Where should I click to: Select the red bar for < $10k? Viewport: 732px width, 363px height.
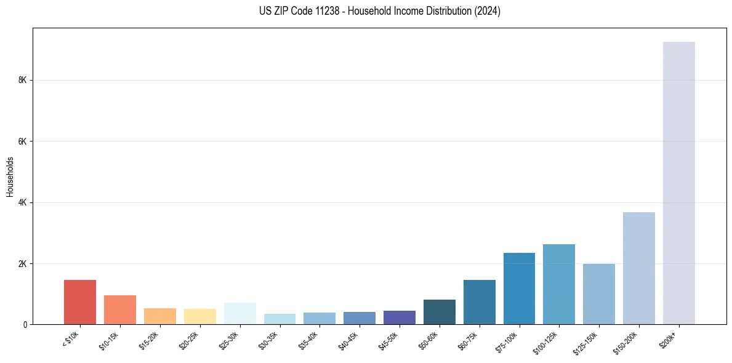[x=80, y=302]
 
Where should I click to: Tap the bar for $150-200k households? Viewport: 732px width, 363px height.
[x=638, y=268]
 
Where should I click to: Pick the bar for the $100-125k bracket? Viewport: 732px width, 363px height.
[x=559, y=284]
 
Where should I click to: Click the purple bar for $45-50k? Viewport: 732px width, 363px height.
[x=399, y=317]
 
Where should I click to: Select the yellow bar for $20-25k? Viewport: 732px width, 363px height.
[x=199, y=316]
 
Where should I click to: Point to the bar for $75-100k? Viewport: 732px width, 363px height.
[x=519, y=289]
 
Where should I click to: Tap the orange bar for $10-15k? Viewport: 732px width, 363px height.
[x=120, y=309]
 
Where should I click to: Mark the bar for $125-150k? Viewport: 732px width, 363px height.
[x=598, y=294]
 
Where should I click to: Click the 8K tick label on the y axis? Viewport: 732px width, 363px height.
[x=23, y=80]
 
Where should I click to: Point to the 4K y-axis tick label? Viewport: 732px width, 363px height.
[x=23, y=202]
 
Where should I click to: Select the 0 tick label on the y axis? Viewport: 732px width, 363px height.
[x=25, y=324]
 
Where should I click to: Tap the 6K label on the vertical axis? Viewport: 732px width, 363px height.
[x=23, y=142]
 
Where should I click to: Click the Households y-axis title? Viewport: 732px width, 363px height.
[x=10, y=177]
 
